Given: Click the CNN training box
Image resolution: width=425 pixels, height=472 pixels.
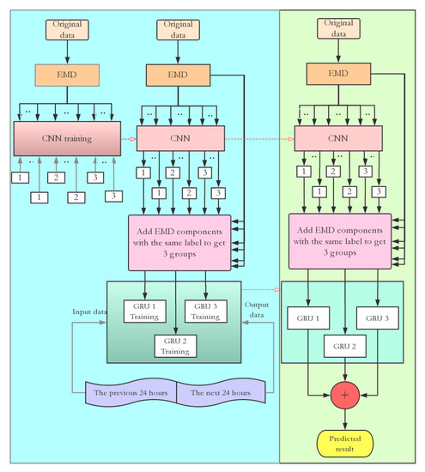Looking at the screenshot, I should click(65, 137).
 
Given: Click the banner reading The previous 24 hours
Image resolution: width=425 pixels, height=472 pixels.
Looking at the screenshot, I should click(131, 393).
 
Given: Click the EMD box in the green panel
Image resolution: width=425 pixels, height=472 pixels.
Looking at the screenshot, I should click(343, 76).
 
